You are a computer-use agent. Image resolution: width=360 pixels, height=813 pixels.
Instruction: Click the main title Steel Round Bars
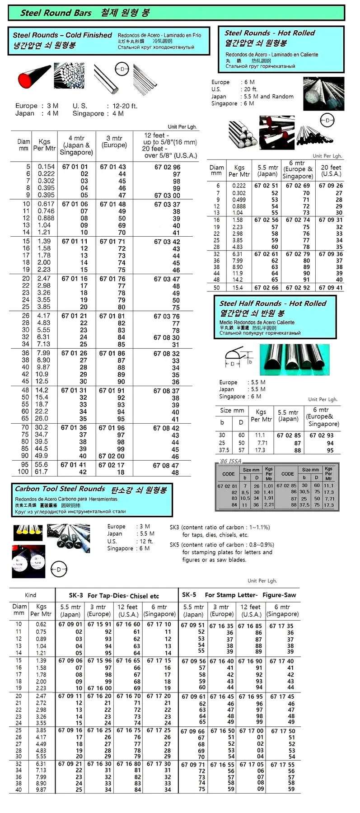point(56,13)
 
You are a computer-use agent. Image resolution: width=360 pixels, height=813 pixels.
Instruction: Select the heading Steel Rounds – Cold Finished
point(62,35)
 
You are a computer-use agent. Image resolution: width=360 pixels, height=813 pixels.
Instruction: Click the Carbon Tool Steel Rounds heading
point(60,489)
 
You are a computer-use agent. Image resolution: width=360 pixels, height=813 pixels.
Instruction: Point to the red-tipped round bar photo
point(34,77)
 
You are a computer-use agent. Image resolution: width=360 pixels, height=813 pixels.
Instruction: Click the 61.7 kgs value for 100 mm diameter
point(41,472)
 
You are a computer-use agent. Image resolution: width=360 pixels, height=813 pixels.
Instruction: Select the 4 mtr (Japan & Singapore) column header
point(76,145)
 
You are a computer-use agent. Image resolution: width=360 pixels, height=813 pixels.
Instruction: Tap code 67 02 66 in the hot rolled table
point(266,288)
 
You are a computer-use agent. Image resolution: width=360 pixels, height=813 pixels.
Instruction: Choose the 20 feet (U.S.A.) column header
point(331,170)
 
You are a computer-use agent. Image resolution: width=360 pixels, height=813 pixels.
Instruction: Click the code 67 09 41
point(331,288)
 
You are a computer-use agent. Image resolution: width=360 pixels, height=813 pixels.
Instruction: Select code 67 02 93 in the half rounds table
point(321,435)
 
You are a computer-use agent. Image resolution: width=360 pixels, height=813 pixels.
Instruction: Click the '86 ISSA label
point(230,461)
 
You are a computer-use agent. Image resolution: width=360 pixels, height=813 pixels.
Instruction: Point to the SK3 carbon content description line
point(220,527)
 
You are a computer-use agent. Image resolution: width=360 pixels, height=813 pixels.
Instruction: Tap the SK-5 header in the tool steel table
point(189,595)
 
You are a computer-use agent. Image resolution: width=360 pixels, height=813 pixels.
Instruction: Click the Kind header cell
point(31,595)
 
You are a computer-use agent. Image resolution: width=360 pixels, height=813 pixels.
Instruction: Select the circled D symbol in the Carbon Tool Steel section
point(59,569)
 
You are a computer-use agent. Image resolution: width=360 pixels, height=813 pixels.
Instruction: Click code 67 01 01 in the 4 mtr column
point(75,167)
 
